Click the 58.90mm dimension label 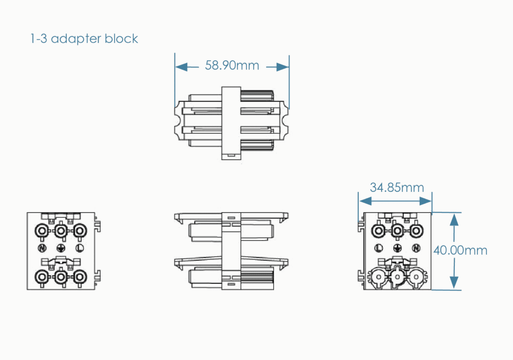pyautogui.click(x=232, y=66)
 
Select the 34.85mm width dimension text pyautogui.click(x=397, y=188)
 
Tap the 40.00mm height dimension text pyautogui.click(x=460, y=250)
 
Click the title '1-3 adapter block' pyautogui.click(x=84, y=39)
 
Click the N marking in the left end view pyautogui.click(x=42, y=248)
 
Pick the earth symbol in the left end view pyautogui.click(x=61, y=248)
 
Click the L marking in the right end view pyautogui.click(x=379, y=248)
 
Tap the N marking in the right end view pyautogui.click(x=416, y=248)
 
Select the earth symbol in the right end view pyautogui.click(x=398, y=248)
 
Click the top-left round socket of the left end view pyautogui.click(x=42, y=230)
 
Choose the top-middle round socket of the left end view pyautogui.click(x=61, y=230)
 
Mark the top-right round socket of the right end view pyautogui.click(x=416, y=230)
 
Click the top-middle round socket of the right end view pyautogui.click(x=398, y=230)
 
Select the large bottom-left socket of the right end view pyautogui.click(x=378, y=278)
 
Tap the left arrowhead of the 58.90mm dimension pyautogui.click(x=180, y=66)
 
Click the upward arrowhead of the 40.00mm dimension pyautogui.click(x=454, y=217)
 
